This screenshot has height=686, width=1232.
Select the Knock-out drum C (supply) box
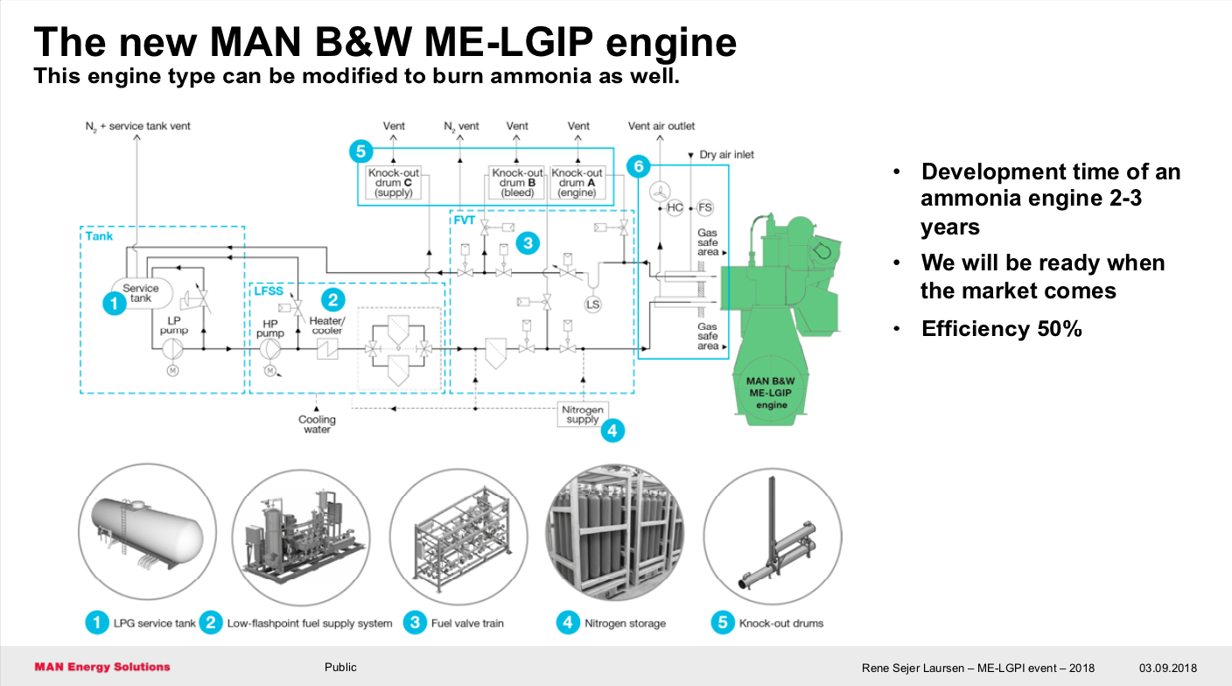point(393,183)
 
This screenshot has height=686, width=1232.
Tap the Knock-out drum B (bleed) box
point(517,183)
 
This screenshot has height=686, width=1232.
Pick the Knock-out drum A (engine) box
point(577,183)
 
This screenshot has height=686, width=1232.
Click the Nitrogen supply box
point(583,414)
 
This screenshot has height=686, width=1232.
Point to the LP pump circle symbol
point(173,349)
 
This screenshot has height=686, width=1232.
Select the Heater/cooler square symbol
point(326,349)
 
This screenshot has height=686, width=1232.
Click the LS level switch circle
point(593,304)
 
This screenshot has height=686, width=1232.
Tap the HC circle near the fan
point(675,208)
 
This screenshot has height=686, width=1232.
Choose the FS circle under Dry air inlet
point(704,208)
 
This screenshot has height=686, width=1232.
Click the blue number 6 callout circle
point(640,165)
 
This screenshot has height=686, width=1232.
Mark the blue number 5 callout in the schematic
point(361,151)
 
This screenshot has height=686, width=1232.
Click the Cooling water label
point(317,424)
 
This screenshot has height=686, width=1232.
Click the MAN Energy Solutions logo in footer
point(102,667)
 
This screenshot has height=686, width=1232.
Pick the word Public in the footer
point(340,667)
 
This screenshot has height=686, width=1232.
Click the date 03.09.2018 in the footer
point(1167,668)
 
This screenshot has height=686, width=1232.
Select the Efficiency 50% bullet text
point(1002,329)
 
